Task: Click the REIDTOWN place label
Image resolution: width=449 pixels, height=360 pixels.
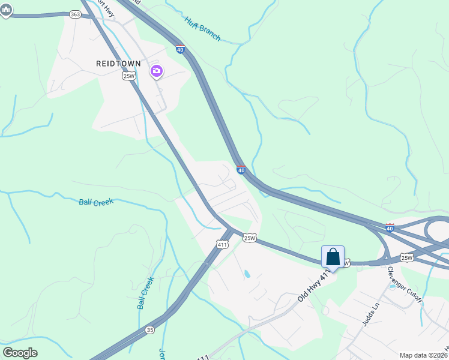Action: tap(118, 64)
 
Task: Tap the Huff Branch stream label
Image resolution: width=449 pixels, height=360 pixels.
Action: tap(202, 28)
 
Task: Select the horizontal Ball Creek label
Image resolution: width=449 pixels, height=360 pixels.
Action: tap(96, 202)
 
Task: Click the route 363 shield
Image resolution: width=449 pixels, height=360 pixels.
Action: tap(75, 14)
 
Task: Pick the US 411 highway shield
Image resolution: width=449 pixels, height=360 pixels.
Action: tap(223, 244)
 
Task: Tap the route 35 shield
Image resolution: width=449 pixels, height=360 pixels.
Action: tap(149, 330)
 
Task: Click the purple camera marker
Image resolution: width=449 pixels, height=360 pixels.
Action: tap(157, 72)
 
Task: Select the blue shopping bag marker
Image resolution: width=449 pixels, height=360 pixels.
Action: tap(333, 257)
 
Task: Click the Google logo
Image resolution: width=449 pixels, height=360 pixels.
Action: tap(20, 353)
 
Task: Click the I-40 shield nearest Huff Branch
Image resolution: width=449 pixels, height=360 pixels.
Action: tap(180, 49)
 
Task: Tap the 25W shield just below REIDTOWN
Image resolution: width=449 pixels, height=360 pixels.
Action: tap(128, 76)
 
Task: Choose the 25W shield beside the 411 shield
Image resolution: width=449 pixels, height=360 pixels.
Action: tap(250, 238)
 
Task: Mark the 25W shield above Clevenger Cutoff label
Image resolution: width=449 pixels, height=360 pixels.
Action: tap(407, 258)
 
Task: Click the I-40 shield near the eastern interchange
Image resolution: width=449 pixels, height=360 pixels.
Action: tap(390, 228)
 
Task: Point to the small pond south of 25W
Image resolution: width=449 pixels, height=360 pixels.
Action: tap(247, 274)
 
